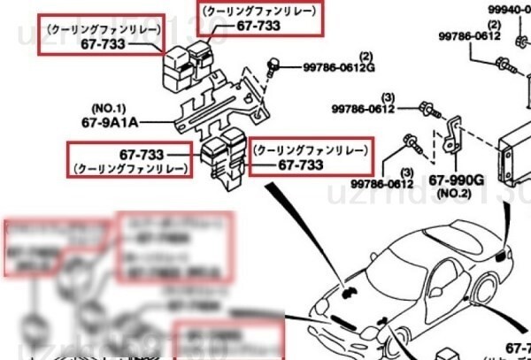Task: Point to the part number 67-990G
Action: point(457,180)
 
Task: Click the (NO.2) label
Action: point(457,192)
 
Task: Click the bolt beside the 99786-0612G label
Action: point(276,64)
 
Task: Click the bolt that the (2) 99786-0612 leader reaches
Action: point(503,64)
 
